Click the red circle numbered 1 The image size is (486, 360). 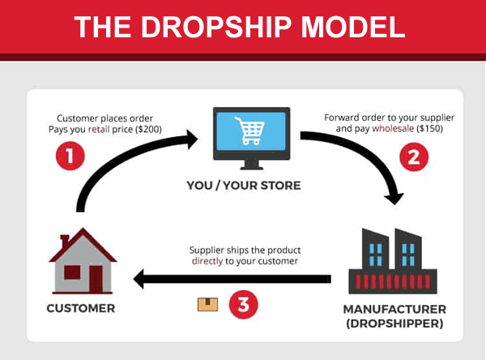click(70, 156)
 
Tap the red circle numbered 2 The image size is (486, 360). click(415, 156)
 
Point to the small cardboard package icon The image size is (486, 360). click(207, 304)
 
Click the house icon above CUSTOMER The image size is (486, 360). click(81, 263)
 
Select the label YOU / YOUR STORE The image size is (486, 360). click(243, 186)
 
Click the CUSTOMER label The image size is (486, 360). click(81, 308)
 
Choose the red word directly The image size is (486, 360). click(207, 262)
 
